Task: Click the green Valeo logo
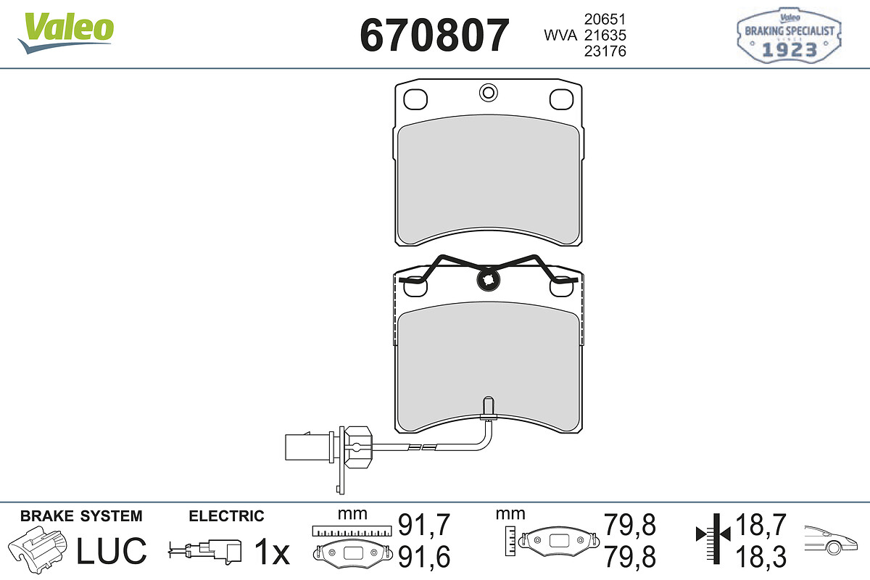(x=66, y=33)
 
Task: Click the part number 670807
(x=434, y=35)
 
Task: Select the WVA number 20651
(x=605, y=19)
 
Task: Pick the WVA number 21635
(x=605, y=35)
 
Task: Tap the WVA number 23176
(x=605, y=51)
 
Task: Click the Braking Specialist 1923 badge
(x=789, y=36)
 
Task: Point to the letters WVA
(x=560, y=36)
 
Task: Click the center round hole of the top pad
(x=488, y=93)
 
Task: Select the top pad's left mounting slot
(x=415, y=99)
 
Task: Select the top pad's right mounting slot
(x=561, y=99)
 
